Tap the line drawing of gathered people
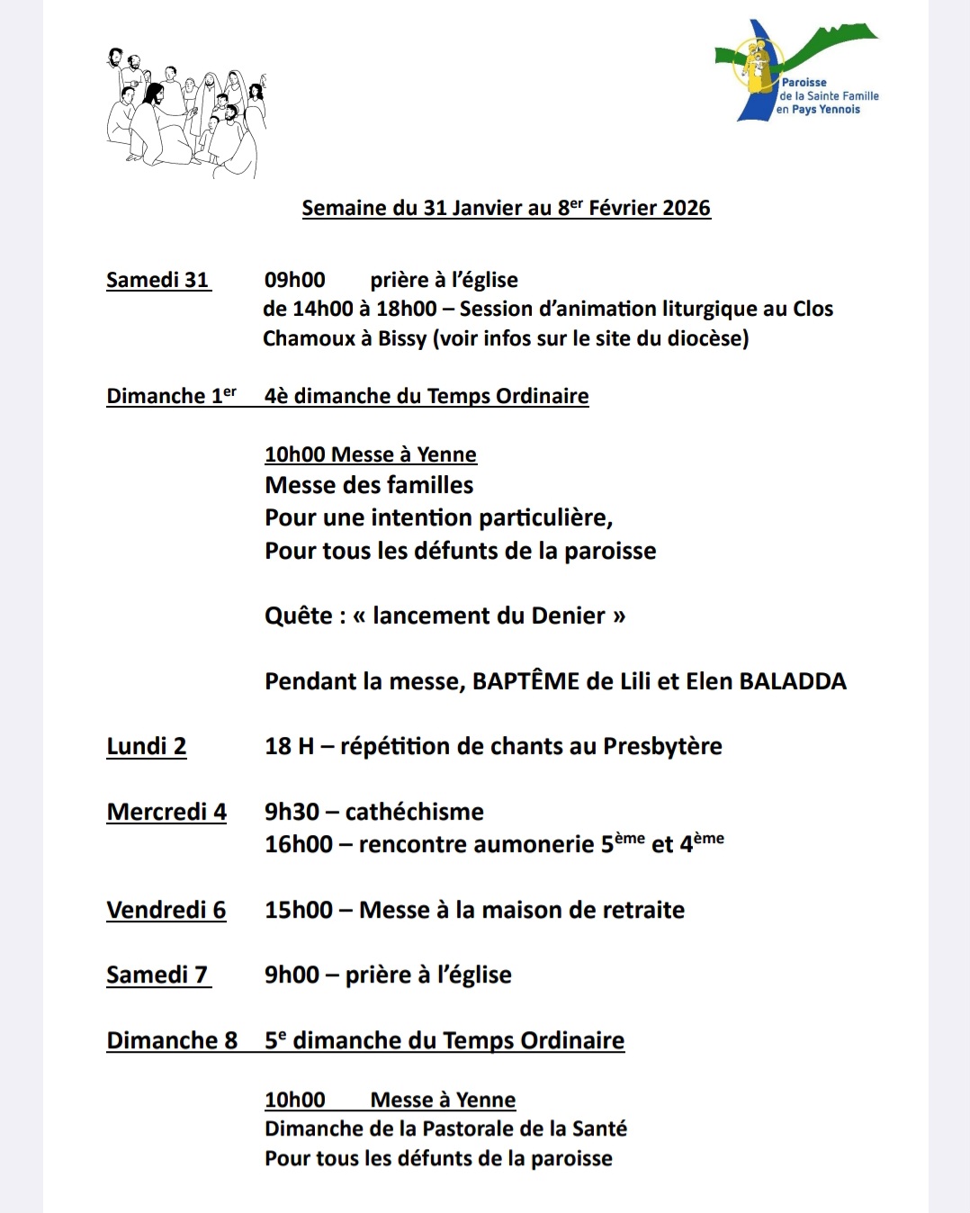186,114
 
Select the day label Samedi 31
157,280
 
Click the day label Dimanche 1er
171,396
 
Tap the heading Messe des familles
369,485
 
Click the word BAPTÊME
525,681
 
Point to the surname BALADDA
793,681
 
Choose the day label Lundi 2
147,746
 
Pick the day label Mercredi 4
166,812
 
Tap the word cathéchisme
415,812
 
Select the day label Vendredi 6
166,910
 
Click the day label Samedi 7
157,975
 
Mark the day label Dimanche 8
172,1040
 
